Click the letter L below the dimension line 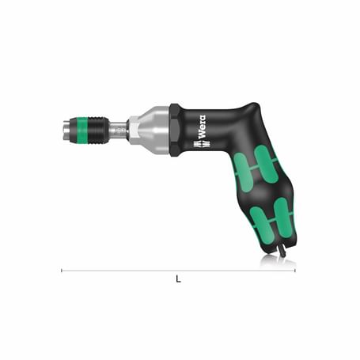[x=178, y=279]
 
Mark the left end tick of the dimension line [x=62, y=271]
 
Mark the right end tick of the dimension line [x=295, y=271]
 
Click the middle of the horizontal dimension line [x=178, y=271]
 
